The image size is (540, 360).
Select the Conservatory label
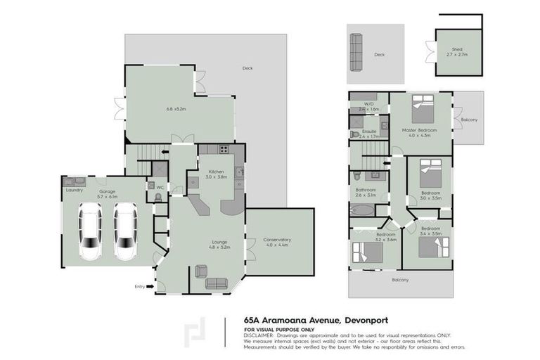coord(277,240)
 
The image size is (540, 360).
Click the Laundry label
coord(75,190)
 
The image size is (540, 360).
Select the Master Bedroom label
coord(420,130)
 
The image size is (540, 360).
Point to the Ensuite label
coord(369,131)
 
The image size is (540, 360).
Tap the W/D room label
coord(369,105)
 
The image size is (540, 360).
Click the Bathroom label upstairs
coord(366,189)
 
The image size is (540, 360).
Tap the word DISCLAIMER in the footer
coord(259,335)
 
